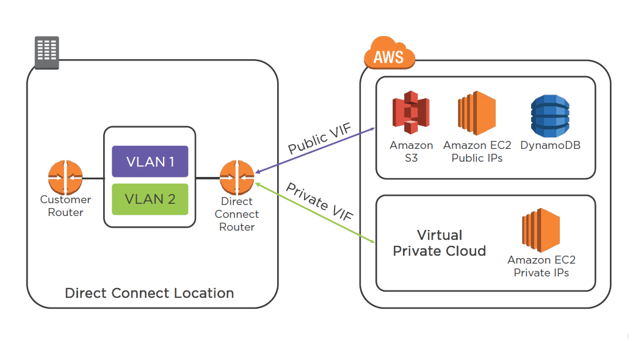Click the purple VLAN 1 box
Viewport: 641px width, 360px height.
point(150,162)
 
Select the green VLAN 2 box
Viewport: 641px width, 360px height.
point(150,199)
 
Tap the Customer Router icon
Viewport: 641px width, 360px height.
point(65,178)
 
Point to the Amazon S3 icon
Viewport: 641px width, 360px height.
point(411,113)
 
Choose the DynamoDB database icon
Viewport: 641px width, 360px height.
point(550,116)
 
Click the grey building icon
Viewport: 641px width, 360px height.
point(46,52)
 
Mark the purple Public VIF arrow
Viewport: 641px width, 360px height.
point(315,150)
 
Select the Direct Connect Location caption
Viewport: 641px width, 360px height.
point(150,293)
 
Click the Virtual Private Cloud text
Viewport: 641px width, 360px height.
point(440,243)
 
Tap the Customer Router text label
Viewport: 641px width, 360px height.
point(65,206)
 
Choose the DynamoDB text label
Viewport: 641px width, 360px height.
point(550,146)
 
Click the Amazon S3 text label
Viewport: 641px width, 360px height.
point(411,152)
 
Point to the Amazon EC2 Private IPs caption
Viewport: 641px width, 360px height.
point(541,266)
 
